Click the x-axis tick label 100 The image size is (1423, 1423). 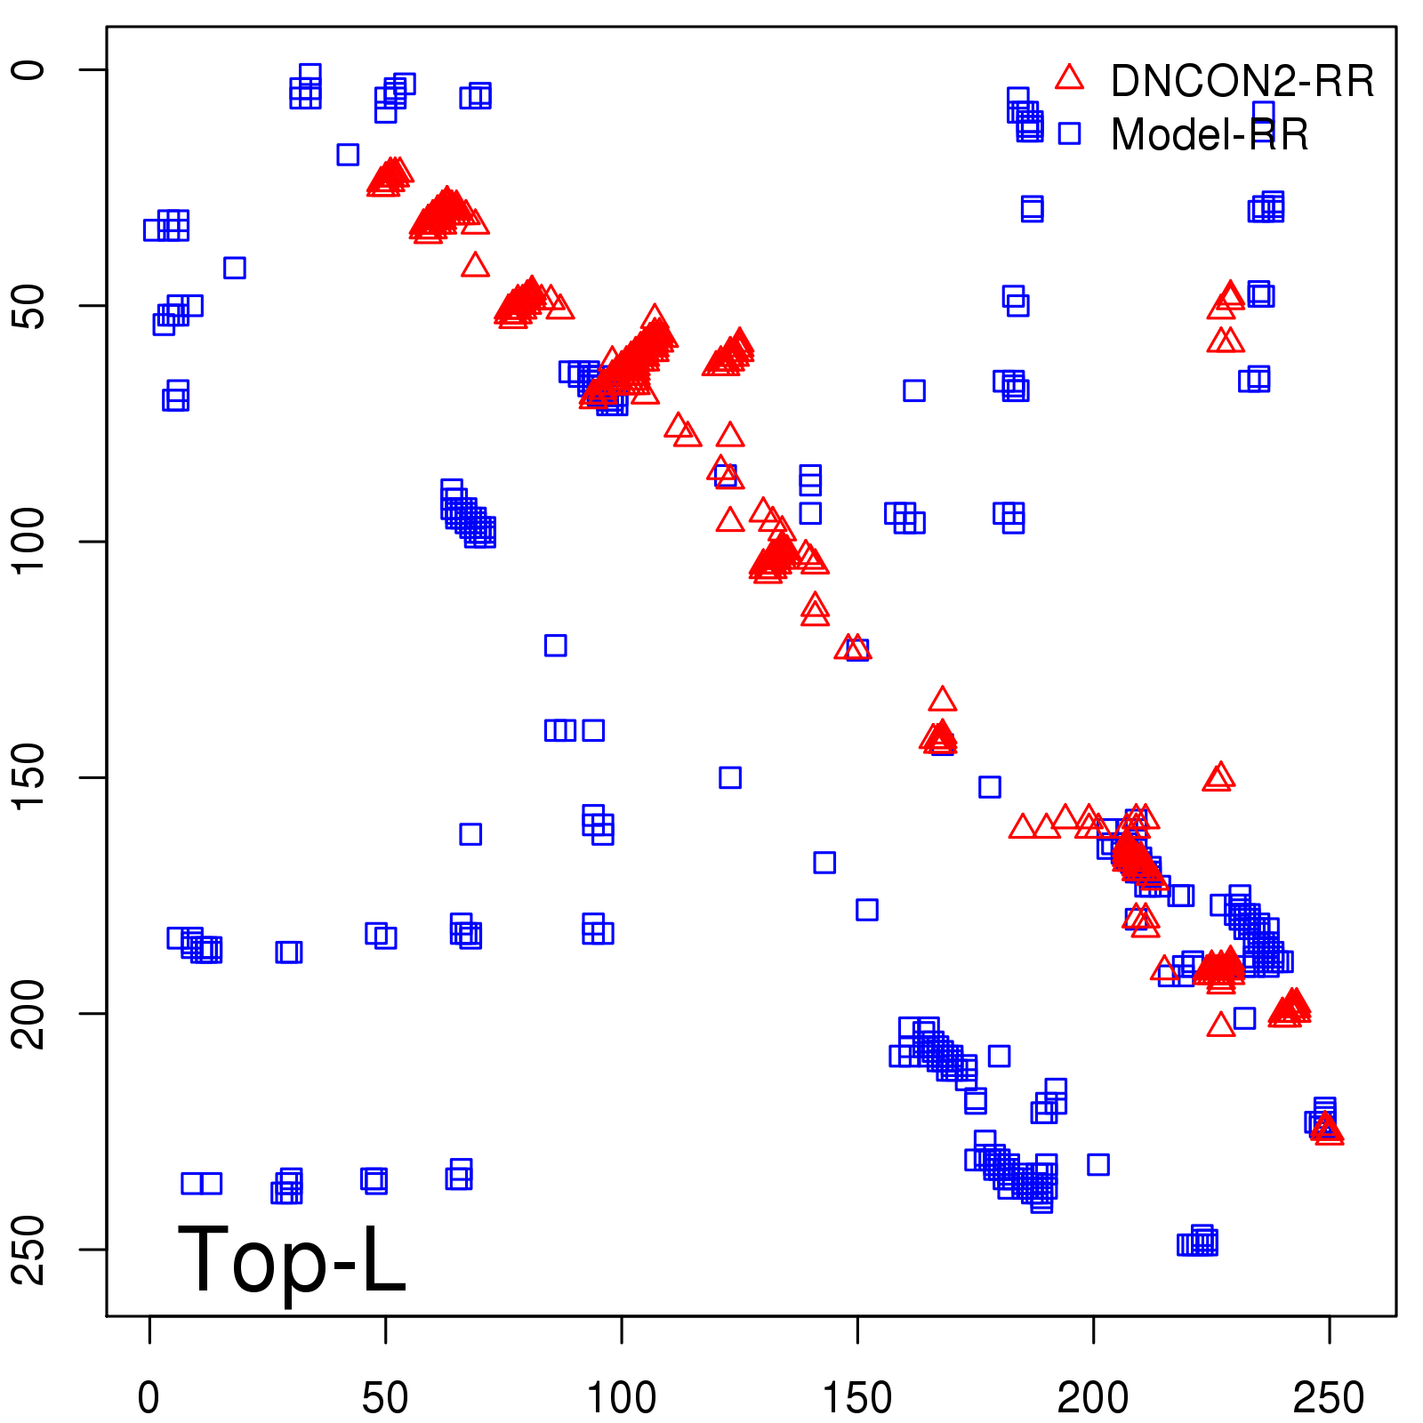coord(621,1398)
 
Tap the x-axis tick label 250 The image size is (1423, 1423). coord(1329,1398)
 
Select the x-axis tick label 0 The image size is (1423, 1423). coord(149,1398)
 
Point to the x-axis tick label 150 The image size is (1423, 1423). coord(856,1398)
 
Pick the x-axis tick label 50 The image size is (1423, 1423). coord(385,1398)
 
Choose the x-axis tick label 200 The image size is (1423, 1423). coord(1093,1398)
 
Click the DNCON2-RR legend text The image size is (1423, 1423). coord(1242,82)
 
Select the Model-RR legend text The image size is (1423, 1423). coord(1210,135)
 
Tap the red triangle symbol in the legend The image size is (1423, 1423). coord(1069,78)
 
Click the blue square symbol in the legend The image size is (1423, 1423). coord(1069,133)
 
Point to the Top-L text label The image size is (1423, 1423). coord(292,1259)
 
